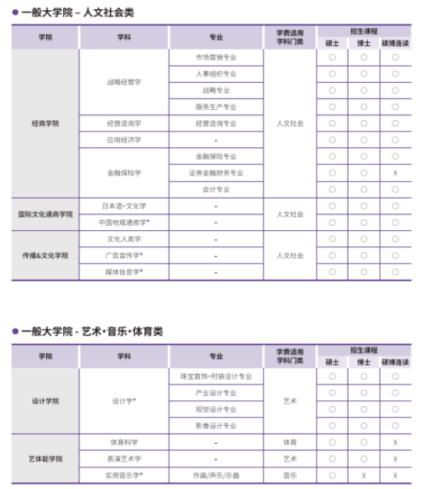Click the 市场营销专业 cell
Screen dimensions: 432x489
216,58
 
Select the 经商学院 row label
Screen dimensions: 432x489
45,123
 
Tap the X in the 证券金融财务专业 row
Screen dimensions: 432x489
395,172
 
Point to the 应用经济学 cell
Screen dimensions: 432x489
124,140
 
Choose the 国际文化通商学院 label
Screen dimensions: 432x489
45,214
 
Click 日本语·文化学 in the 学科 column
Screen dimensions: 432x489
124,206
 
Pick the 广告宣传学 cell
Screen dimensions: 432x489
124,255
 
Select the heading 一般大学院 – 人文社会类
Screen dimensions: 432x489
78,12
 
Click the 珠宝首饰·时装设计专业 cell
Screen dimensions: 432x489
216,377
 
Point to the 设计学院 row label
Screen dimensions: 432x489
45,401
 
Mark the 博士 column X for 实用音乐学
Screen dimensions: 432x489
363,475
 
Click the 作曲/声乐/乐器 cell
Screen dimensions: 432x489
216,475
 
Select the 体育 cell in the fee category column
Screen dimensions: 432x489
290,442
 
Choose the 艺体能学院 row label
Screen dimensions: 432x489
45,459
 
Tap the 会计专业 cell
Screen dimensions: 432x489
216,189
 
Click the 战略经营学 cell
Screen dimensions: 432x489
124,82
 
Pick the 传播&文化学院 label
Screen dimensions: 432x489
45,255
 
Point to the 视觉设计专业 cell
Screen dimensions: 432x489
216,409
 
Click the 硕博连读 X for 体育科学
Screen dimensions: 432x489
395,442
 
